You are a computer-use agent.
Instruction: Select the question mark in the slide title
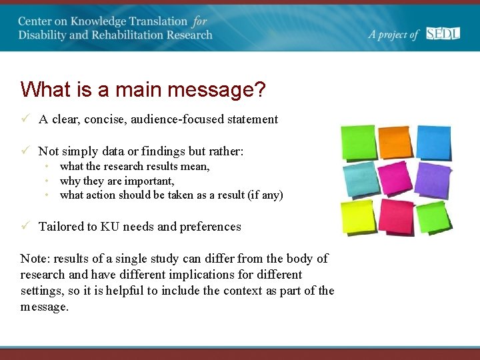(259, 89)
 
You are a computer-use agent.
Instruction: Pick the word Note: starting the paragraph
(35, 259)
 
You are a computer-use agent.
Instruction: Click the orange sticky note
(396, 142)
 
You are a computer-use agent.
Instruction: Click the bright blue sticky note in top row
(434, 142)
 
